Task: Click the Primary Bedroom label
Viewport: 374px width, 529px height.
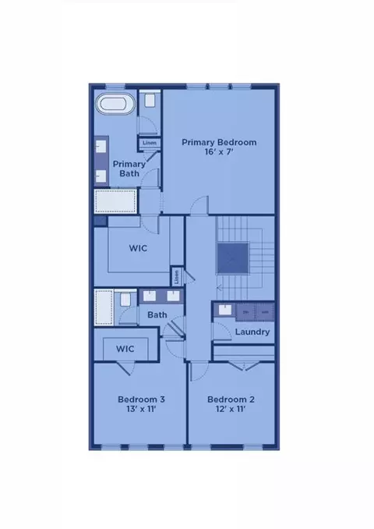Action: point(219,142)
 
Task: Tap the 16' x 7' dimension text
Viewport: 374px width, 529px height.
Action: point(219,152)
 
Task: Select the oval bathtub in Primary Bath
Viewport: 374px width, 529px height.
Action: point(115,103)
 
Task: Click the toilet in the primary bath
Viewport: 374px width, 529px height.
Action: point(150,100)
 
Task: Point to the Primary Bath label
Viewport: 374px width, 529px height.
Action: point(129,169)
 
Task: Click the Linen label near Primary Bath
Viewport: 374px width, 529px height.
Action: point(150,143)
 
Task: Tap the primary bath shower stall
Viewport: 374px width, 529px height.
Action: point(115,201)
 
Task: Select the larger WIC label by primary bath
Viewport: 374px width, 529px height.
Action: point(138,248)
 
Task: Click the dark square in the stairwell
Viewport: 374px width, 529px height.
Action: point(233,258)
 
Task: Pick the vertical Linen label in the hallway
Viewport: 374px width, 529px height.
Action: point(177,277)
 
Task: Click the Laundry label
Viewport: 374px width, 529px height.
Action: point(252,332)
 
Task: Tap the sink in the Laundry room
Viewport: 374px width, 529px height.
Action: point(224,310)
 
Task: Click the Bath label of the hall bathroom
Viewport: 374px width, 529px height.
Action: point(157,314)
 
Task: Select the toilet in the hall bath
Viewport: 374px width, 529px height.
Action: point(125,300)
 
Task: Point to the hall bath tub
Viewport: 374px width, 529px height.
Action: point(104,307)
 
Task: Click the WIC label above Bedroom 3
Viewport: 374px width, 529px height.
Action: point(125,349)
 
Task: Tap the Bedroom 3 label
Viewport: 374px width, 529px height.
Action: point(142,399)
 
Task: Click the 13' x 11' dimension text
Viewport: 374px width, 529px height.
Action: point(142,409)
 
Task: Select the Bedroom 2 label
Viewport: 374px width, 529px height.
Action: point(231,399)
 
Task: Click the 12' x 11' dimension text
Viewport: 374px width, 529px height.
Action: point(231,409)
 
